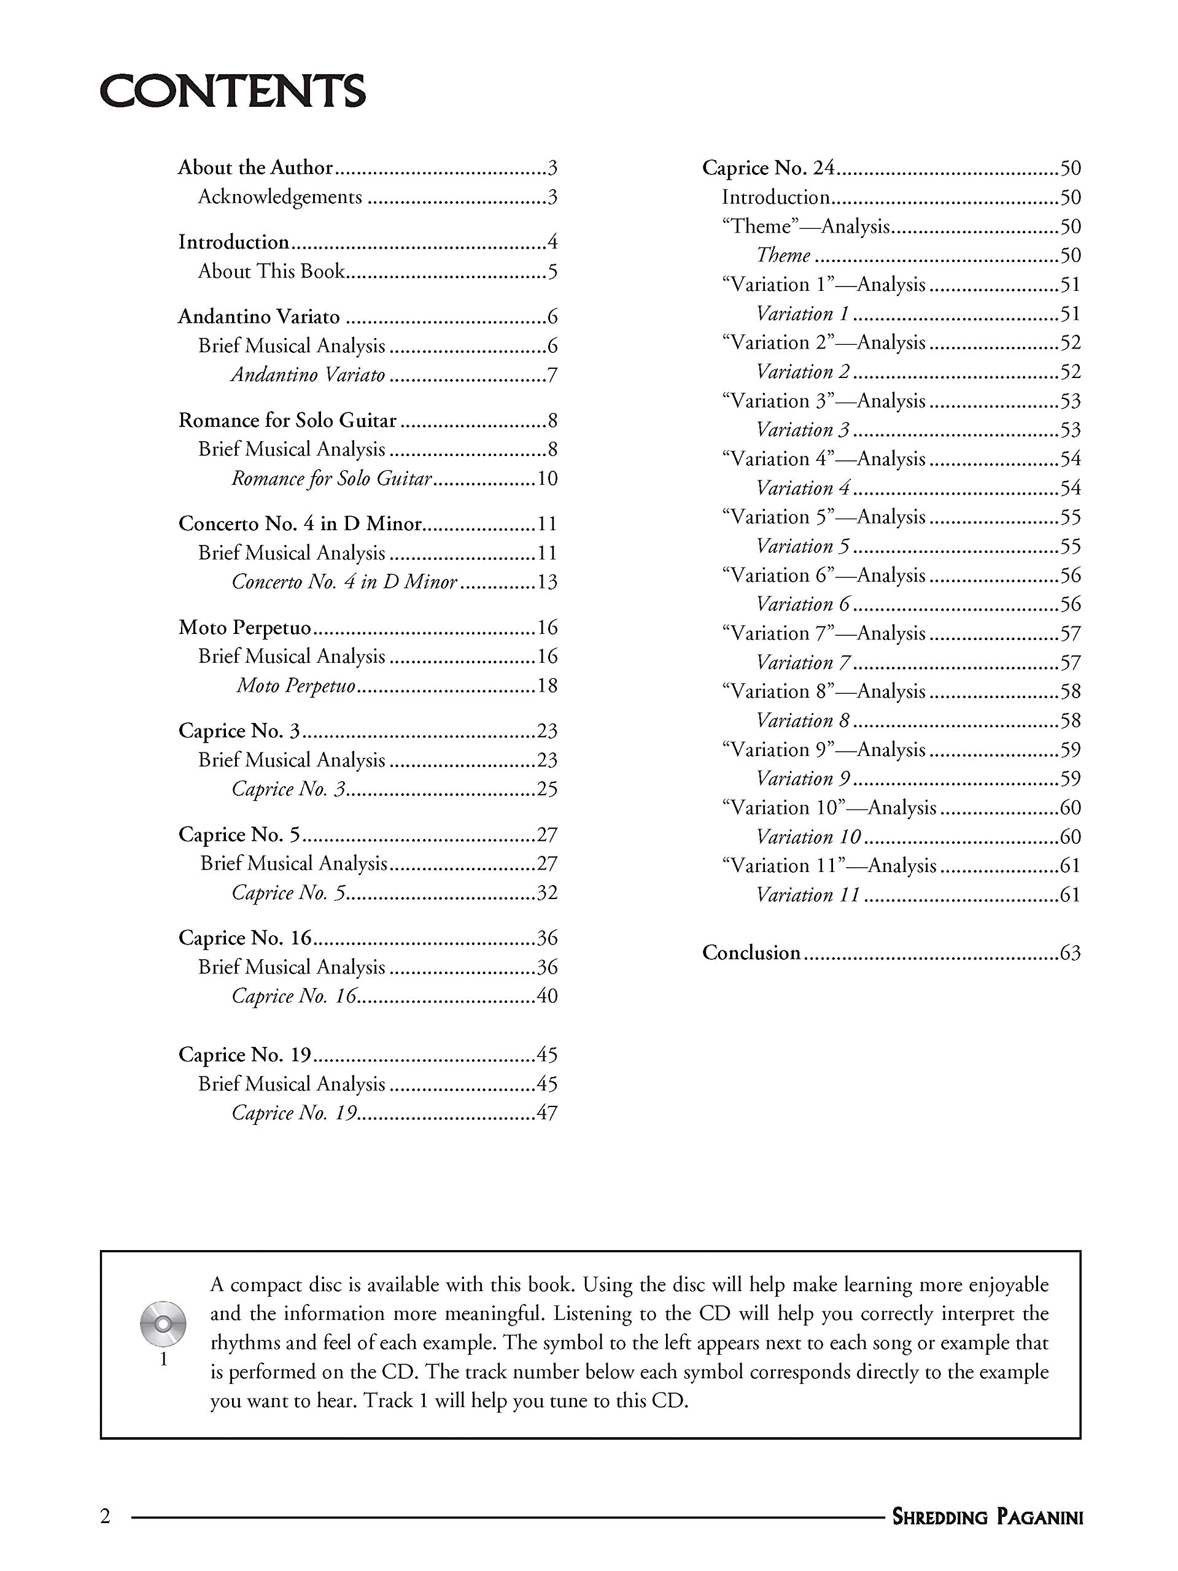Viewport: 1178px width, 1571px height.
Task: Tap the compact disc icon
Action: [163, 1324]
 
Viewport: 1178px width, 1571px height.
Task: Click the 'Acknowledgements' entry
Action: [280, 197]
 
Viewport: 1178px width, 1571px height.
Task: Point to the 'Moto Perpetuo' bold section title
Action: [245, 628]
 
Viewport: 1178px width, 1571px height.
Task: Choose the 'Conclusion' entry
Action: [751, 952]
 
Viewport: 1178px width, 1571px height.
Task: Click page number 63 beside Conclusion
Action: [1070, 953]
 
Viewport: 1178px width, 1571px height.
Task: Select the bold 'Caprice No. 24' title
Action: [768, 168]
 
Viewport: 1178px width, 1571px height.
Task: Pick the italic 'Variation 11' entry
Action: [808, 895]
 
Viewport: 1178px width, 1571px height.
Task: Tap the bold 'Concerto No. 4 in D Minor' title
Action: [300, 524]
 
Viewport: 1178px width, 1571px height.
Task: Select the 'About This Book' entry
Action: [271, 271]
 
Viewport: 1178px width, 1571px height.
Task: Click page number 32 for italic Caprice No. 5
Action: [547, 893]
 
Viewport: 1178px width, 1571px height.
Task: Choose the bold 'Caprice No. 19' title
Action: [245, 1055]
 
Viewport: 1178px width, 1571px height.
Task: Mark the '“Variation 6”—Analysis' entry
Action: [823, 575]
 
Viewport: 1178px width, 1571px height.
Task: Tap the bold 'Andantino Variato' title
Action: [258, 317]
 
